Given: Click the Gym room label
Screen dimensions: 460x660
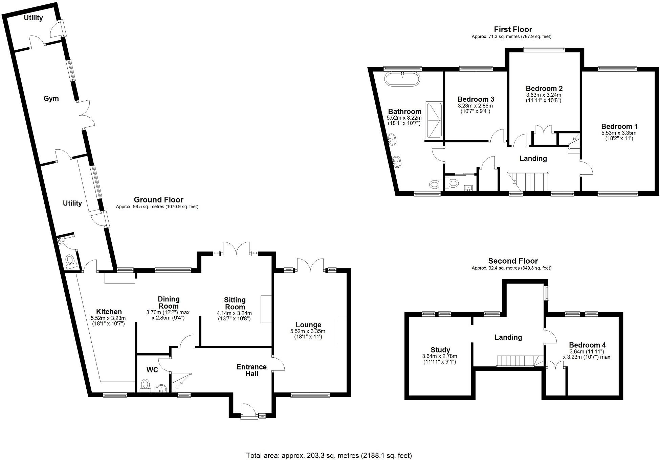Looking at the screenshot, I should pos(51,98).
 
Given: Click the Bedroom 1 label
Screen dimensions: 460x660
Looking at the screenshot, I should pos(619,126).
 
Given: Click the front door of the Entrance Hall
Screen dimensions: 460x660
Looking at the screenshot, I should pos(249,412).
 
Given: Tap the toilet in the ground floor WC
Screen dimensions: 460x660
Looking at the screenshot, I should pos(146,385).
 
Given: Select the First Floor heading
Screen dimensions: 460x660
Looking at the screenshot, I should pos(513,29).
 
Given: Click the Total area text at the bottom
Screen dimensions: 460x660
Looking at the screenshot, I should pos(329,455).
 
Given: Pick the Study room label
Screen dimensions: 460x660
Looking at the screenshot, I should pos(440,350).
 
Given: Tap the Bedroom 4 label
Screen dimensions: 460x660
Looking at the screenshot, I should pos(587,345).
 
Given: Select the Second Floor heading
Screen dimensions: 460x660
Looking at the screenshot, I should pos(513,261).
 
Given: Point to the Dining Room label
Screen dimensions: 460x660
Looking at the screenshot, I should pos(169,302).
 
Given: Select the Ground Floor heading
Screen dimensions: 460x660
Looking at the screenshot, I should pos(158,200).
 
